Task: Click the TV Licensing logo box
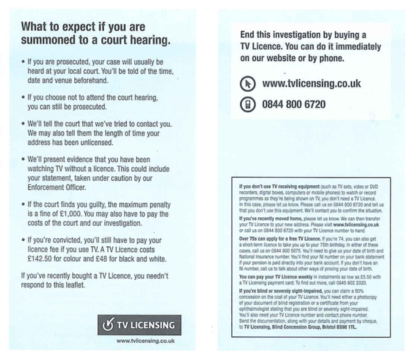[139, 325]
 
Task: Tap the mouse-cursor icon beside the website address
[248, 84]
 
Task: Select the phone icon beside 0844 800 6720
[248, 104]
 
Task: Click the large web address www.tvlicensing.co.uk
[312, 83]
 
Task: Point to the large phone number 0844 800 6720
[294, 104]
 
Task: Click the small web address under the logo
[145, 341]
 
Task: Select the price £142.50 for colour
[40, 259]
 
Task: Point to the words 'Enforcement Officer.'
[57, 187]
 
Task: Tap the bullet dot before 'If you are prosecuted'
[24, 62]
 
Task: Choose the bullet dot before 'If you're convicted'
[24, 240]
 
